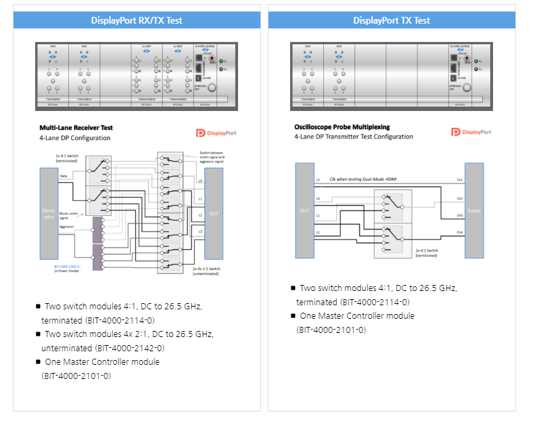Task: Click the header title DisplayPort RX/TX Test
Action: (x=137, y=20)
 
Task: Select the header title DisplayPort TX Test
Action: (x=392, y=20)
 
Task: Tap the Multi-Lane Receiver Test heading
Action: (x=76, y=127)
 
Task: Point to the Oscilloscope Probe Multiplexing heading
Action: (x=342, y=127)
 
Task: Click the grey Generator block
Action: (x=49, y=214)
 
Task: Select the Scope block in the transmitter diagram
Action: (x=474, y=210)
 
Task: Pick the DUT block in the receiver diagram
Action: (x=214, y=213)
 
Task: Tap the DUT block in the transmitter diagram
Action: (x=304, y=210)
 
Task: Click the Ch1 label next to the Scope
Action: (x=459, y=180)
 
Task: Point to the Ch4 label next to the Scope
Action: (x=459, y=233)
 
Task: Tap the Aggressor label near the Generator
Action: (x=67, y=226)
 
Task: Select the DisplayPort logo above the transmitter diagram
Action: (x=471, y=132)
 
